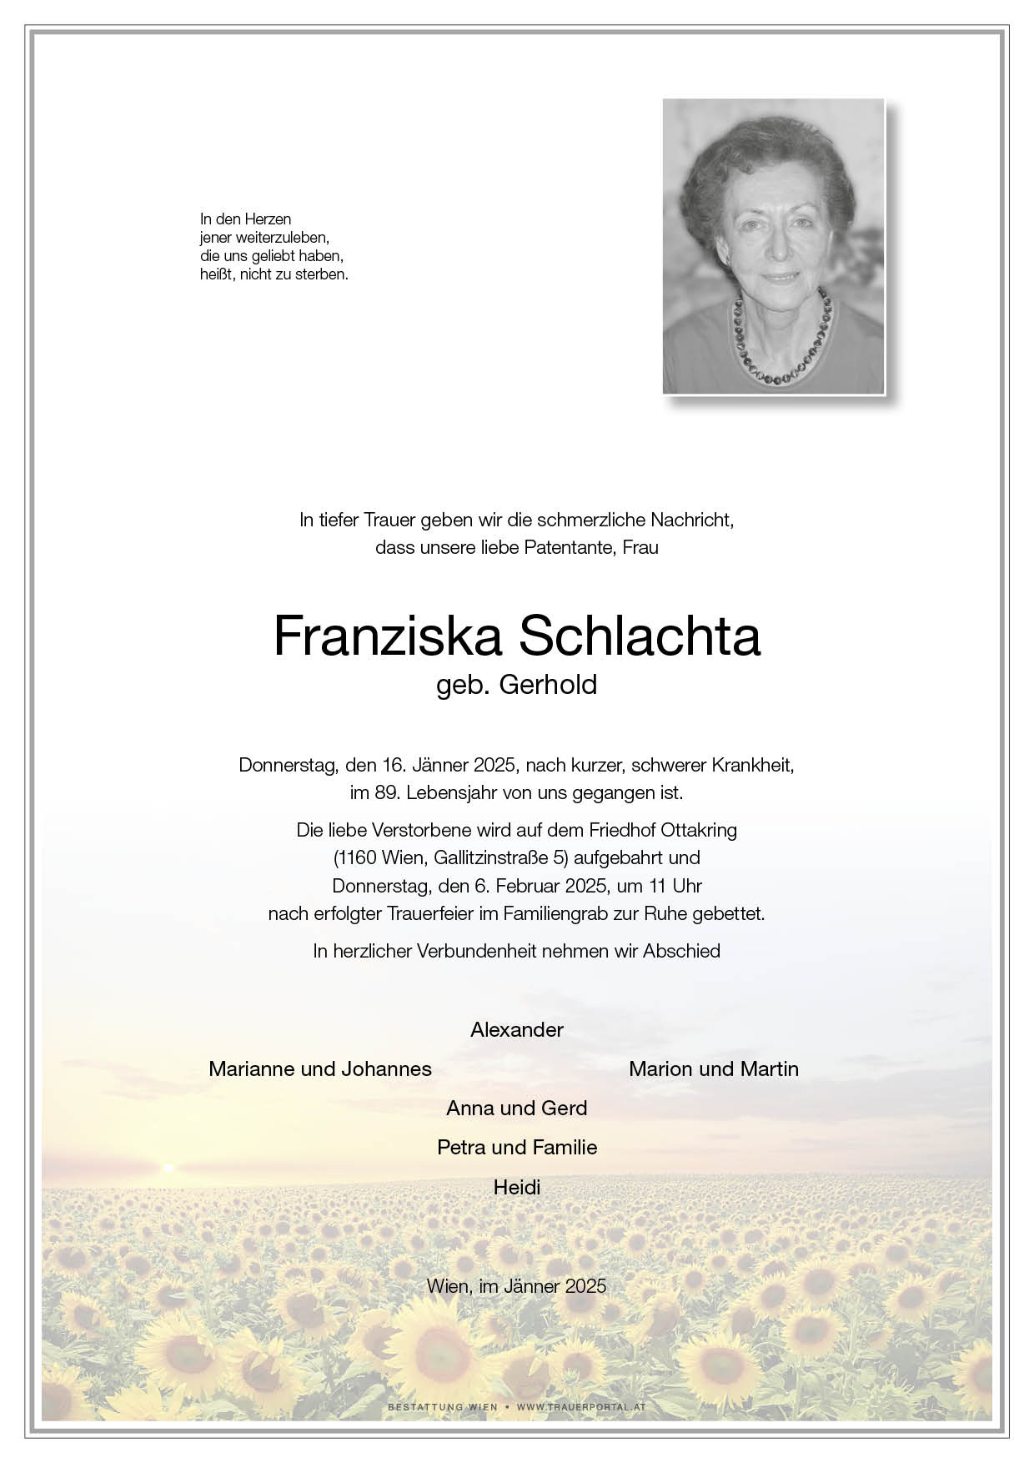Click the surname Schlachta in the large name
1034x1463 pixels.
pyautogui.click(x=640, y=637)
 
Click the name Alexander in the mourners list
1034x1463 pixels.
pyautogui.click(x=517, y=1029)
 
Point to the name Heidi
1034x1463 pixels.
pyautogui.click(x=517, y=1186)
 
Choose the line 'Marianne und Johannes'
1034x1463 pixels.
pyautogui.click(x=320, y=1068)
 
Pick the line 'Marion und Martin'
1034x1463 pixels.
pyautogui.click(x=714, y=1068)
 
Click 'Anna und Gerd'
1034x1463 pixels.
pyautogui.click(x=517, y=1108)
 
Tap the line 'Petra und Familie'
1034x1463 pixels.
pyautogui.click(x=517, y=1147)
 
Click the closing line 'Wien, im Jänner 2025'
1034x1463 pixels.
pyautogui.click(x=517, y=1285)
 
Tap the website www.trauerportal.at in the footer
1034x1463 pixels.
pyautogui.click(x=581, y=1407)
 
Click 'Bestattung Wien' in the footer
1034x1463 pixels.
pyautogui.click(x=442, y=1407)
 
